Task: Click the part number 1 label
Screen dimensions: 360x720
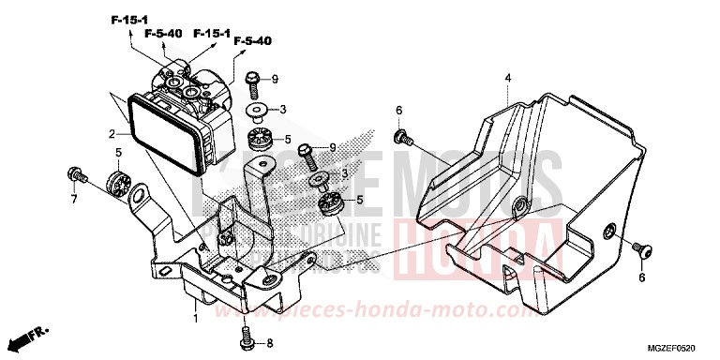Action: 196,320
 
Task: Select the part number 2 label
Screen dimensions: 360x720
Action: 111,134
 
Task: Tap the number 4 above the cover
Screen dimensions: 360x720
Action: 506,76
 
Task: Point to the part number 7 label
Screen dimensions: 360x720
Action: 72,200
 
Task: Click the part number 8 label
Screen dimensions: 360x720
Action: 269,343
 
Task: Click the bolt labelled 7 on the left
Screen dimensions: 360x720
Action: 74,174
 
